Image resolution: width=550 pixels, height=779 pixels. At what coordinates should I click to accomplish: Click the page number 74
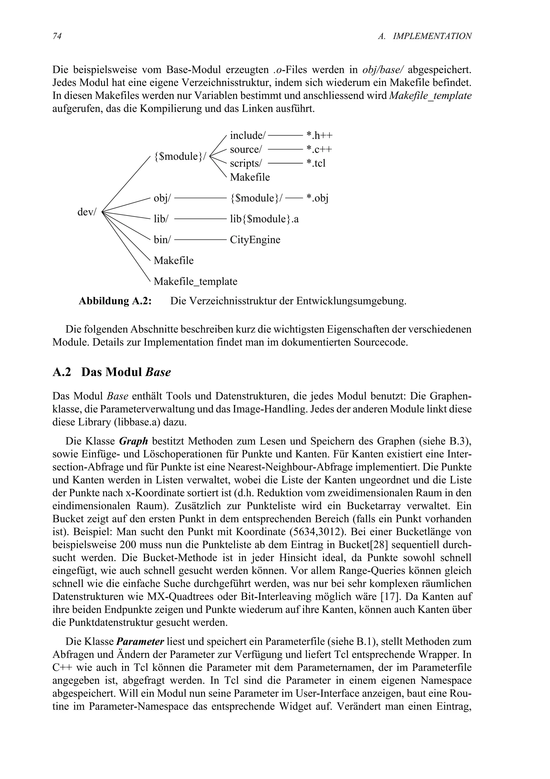[x=57, y=36]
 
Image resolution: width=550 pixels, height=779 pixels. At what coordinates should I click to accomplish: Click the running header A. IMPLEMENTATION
[x=425, y=36]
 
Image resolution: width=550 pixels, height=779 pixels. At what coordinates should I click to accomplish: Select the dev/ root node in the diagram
[x=87, y=212]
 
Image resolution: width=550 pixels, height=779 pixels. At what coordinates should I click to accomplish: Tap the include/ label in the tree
[x=247, y=135]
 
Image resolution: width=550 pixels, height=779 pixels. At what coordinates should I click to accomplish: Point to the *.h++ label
[x=319, y=135]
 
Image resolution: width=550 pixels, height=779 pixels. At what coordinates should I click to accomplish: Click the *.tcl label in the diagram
[x=316, y=163]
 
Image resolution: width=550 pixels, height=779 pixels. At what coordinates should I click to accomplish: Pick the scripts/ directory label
[x=246, y=163]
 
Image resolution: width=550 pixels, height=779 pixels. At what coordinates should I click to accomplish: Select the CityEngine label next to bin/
[x=255, y=240]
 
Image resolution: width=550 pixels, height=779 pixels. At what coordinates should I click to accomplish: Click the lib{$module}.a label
[x=264, y=219]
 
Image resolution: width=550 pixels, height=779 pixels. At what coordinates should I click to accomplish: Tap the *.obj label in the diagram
[x=317, y=198]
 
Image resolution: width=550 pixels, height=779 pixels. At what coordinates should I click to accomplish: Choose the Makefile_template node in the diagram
[x=195, y=281]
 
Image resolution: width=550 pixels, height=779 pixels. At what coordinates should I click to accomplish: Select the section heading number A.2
[x=62, y=372]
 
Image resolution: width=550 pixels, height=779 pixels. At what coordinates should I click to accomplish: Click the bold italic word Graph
[x=133, y=441]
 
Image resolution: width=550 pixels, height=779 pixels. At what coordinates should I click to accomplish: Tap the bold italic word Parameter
[x=140, y=642]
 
